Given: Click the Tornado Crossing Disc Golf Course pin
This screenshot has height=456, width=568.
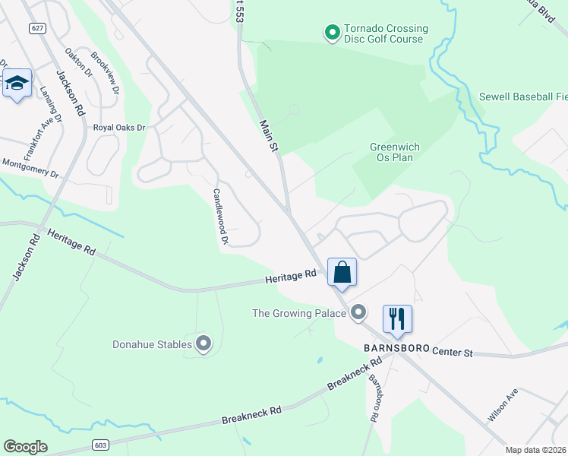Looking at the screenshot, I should (x=332, y=33).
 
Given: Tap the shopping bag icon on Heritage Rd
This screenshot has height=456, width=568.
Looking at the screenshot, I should (x=342, y=272).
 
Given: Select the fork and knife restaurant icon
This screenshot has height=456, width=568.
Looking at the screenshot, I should (x=396, y=318).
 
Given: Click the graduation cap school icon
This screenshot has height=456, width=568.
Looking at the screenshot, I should (x=17, y=83).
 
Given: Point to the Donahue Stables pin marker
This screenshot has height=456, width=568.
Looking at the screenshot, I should (x=204, y=344).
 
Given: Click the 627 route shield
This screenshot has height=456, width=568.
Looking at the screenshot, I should (x=36, y=28).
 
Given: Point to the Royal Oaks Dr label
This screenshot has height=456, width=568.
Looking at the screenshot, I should (x=118, y=128).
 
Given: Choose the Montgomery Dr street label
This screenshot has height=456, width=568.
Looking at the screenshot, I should (x=30, y=168).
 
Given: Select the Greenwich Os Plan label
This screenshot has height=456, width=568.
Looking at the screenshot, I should (x=395, y=152).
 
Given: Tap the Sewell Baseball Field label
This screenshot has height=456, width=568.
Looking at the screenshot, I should (x=523, y=97).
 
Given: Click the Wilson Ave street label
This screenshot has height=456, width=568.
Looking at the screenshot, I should (x=503, y=404).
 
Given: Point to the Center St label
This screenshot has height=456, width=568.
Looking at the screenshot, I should (x=453, y=353).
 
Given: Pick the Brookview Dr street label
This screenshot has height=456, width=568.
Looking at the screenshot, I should (x=105, y=72).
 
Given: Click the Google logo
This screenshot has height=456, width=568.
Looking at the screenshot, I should (x=26, y=447).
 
